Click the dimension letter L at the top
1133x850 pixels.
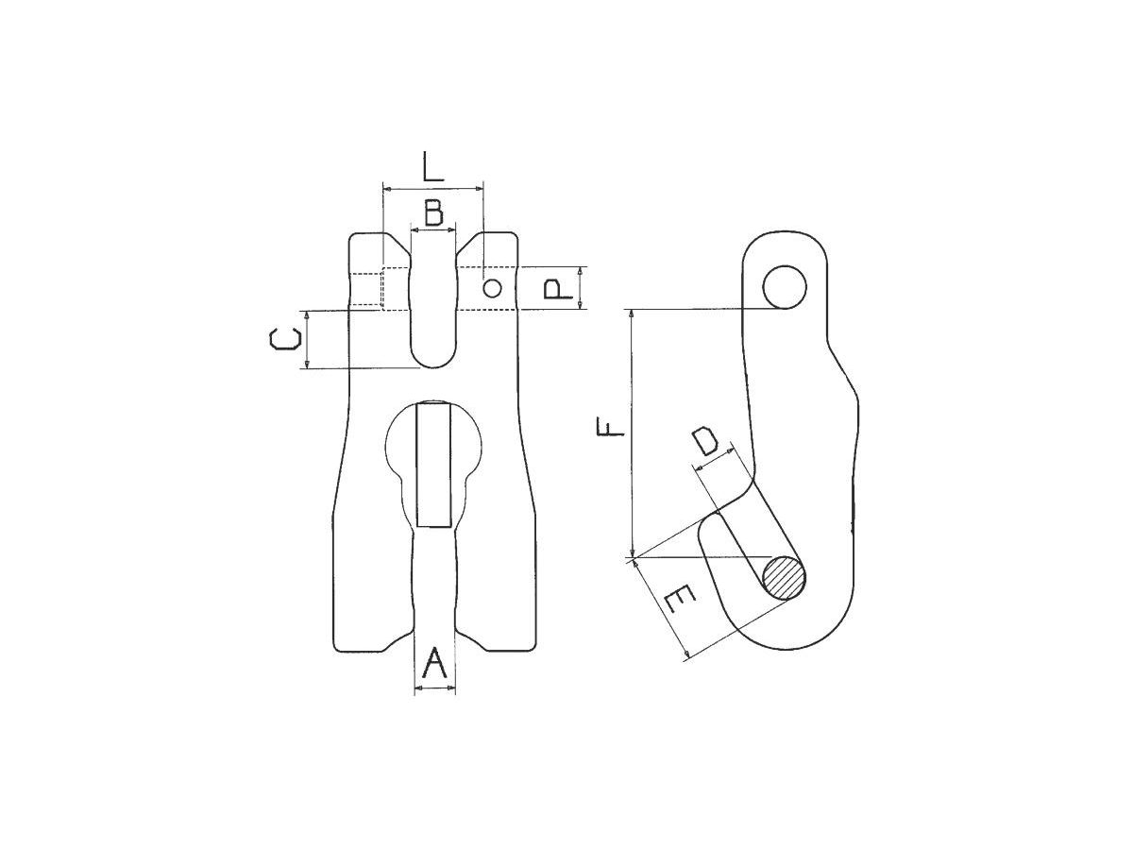click(x=432, y=166)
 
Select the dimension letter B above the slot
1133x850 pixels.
click(x=433, y=212)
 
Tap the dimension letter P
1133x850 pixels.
click(x=561, y=288)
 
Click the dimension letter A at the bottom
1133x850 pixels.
click(x=433, y=664)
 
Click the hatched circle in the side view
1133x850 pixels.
click(x=785, y=577)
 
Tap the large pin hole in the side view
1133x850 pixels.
click(x=786, y=286)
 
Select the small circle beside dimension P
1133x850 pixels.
click(x=492, y=288)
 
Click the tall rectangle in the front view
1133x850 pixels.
click(x=433, y=463)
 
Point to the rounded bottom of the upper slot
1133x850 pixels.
click(x=433, y=359)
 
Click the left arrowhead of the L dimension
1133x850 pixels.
click(x=386, y=188)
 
